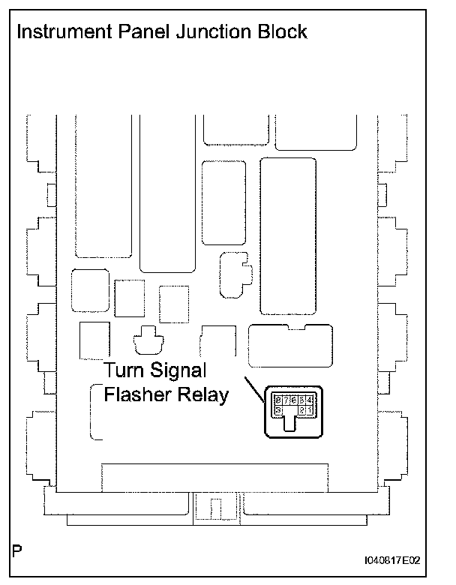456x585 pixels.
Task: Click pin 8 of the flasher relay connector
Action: [278, 400]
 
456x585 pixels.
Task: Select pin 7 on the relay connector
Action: [286, 400]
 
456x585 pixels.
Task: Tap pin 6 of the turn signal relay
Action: [294, 400]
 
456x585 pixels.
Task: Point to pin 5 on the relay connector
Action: [302, 400]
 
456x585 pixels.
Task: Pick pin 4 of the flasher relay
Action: [310, 400]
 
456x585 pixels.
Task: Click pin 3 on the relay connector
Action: [278, 410]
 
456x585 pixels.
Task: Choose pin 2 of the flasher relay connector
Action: [302, 410]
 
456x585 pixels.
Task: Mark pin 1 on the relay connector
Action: [310, 410]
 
